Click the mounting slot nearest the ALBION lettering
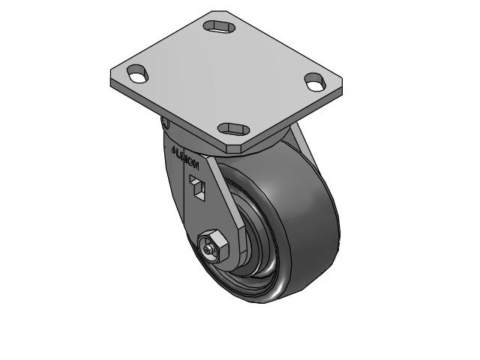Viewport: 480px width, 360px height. tap(234, 127)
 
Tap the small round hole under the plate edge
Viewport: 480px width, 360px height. tap(166, 124)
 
